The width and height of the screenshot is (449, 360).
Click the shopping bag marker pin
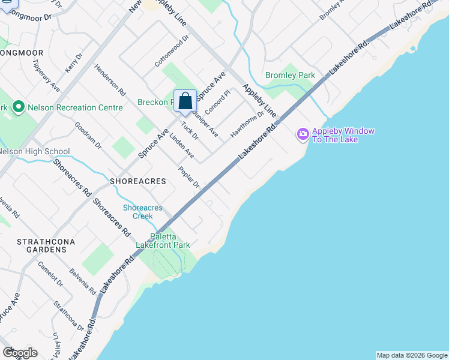point(185,101)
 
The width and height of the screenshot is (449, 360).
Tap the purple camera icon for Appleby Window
point(303,133)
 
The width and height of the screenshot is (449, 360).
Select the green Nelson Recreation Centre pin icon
point(18,107)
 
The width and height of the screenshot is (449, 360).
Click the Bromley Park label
point(290,76)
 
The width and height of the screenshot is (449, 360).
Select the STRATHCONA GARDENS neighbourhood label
point(41,245)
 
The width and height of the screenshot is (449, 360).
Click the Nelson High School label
point(34,152)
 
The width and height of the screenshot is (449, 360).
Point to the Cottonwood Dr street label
point(172,50)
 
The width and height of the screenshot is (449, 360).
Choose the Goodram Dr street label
point(88,136)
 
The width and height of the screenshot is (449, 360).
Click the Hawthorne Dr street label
point(247,125)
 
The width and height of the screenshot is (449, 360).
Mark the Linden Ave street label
point(181,146)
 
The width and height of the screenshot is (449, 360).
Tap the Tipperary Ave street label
point(46,75)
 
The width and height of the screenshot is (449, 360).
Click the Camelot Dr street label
point(50,273)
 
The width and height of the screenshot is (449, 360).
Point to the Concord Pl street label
point(217,103)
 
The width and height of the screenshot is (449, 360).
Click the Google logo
point(20,352)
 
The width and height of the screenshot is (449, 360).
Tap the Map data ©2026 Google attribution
point(412,355)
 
